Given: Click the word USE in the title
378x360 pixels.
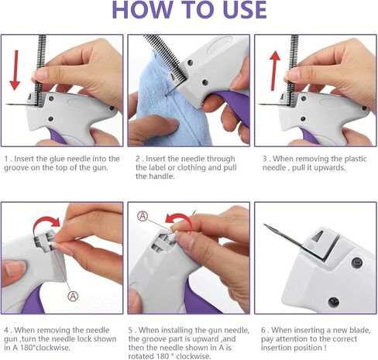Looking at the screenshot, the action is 245,10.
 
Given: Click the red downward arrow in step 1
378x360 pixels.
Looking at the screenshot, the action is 15,70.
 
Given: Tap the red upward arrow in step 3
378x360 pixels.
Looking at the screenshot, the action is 275,70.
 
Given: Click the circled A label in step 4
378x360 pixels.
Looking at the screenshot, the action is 73,296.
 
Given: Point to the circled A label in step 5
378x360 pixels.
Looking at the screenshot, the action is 143,216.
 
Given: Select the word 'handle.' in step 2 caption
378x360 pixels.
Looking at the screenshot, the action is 155,177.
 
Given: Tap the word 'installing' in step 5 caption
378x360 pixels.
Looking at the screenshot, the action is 174,330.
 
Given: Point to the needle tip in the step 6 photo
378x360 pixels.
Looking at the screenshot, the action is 264,225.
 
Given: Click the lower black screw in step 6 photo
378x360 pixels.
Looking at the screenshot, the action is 333,302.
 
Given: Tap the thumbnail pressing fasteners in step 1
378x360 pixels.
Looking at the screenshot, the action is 40,74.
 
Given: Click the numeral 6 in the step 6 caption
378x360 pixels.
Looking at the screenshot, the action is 263,330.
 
